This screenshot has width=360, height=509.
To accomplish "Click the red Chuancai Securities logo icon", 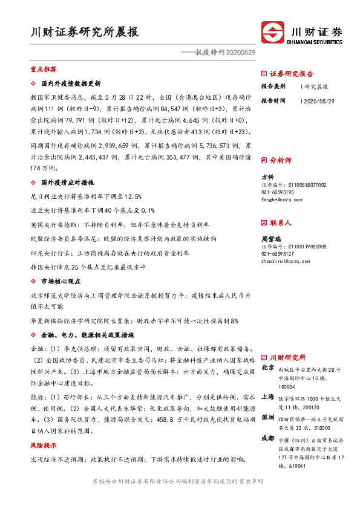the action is (272, 32).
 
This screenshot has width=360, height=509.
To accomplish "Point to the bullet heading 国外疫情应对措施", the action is (67, 182).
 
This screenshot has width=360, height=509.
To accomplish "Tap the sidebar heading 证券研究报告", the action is (291, 73).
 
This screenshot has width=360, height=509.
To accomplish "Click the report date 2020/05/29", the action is (318, 101).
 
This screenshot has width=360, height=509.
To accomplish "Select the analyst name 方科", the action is (267, 177).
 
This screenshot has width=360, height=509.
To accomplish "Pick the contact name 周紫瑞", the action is (269, 239).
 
